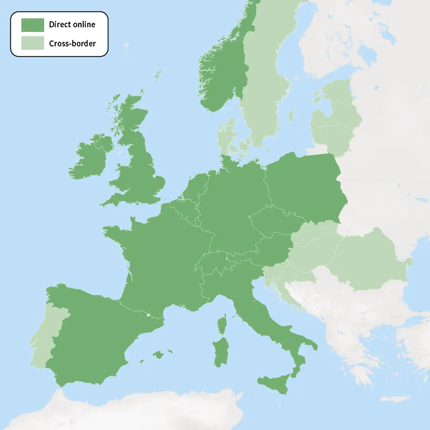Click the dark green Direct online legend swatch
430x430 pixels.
pos(33,25)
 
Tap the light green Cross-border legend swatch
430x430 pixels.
pos(33,43)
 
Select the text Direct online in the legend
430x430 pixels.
pos(72,25)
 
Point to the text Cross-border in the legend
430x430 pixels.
pos(72,44)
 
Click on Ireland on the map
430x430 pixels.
pos(91,157)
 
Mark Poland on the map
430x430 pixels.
pos(305,187)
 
